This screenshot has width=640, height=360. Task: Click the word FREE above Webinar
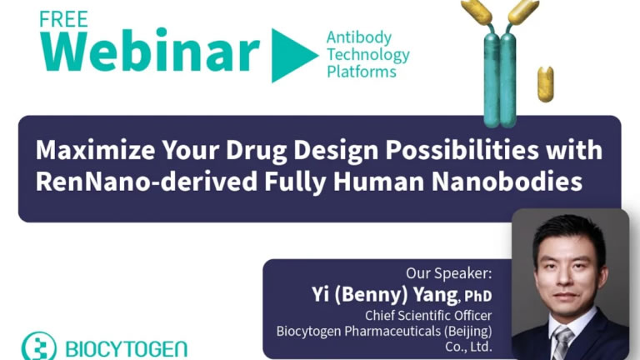(63, 19)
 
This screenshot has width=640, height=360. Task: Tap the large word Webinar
(149, 51)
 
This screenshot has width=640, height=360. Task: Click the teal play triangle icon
(295, 55)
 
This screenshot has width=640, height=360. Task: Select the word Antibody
(359, 37)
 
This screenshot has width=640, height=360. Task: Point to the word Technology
(368, 55)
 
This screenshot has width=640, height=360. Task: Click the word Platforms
(362, 72)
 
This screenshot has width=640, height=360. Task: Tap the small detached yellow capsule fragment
(545, 84)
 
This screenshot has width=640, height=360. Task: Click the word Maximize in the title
(95, 150)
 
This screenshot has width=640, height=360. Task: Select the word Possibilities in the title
(462, 150)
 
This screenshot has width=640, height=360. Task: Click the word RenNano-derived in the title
(147, 182)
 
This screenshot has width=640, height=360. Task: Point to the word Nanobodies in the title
(507, 182)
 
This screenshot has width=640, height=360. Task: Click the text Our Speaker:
(449, 273)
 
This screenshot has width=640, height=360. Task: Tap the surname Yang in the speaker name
(435, 295)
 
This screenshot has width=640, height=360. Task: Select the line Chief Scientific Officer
(428, 316)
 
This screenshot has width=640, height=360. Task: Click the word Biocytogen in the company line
(309, 331)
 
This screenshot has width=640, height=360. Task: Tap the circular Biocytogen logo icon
(39, 347)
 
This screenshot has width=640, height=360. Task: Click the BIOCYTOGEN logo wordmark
(126, 349)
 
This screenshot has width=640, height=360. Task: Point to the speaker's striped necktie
(562, 343)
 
